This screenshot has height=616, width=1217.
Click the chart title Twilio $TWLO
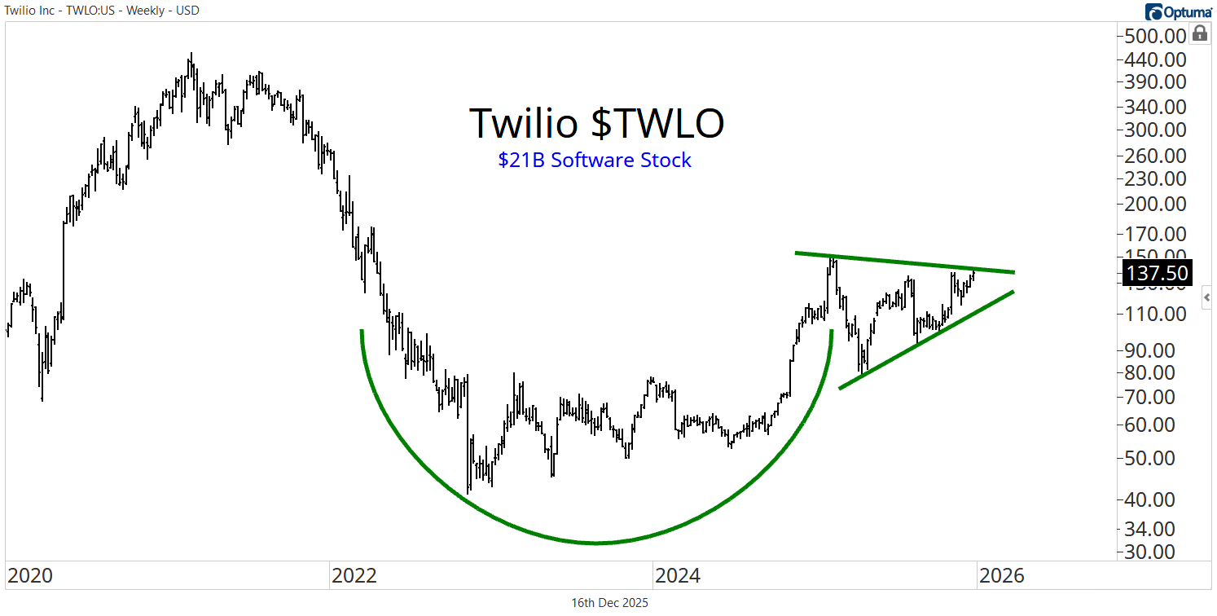(596, 124)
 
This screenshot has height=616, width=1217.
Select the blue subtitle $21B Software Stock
(595, 161)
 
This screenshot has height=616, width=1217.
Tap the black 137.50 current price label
(1156, 272)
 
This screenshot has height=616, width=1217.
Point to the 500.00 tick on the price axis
(1154, 36)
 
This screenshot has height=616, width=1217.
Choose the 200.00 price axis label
(1154, 205)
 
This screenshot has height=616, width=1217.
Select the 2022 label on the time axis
(354, 576)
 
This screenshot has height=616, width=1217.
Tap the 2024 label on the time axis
(677, 576)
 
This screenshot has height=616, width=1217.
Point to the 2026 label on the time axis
(1001, 576)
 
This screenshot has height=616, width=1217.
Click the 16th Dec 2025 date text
(610, 603)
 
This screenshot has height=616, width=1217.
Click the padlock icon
(1199, 33)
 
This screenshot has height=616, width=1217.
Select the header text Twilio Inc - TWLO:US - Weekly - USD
(102, 11)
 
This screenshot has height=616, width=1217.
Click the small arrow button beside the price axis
(1207, 298)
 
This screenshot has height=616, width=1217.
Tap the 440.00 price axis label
(1154, 59)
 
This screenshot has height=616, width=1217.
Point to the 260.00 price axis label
(1154, 156)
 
